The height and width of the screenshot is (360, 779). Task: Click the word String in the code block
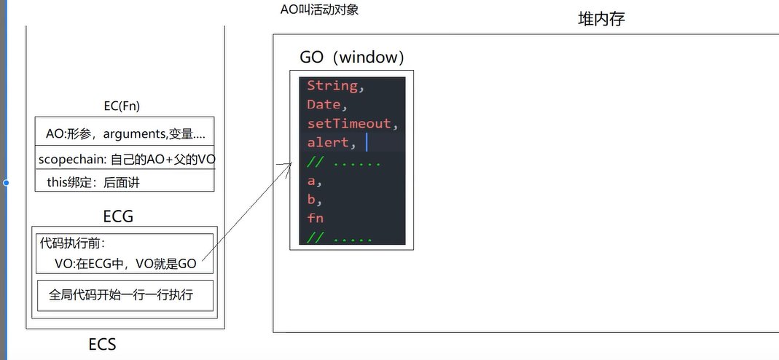(332, 86)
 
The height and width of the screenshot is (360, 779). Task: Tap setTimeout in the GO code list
(349, 124)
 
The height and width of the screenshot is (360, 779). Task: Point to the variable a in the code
(311, 181)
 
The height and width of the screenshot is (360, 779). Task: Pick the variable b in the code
(311, 200)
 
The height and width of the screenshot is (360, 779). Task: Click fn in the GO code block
(316, 219)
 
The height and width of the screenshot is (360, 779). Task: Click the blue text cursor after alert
(367, 141)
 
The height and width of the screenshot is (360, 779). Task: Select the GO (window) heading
(352, 57)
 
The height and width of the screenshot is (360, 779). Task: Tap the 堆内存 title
(601, 19)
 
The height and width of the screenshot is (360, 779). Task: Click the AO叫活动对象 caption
(319, 9)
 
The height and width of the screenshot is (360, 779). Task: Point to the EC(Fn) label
(122, 106)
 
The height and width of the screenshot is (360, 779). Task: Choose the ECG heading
(118, 216)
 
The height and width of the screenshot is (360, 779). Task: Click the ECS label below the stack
(102, 344)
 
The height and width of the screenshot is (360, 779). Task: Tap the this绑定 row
(93, 182)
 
